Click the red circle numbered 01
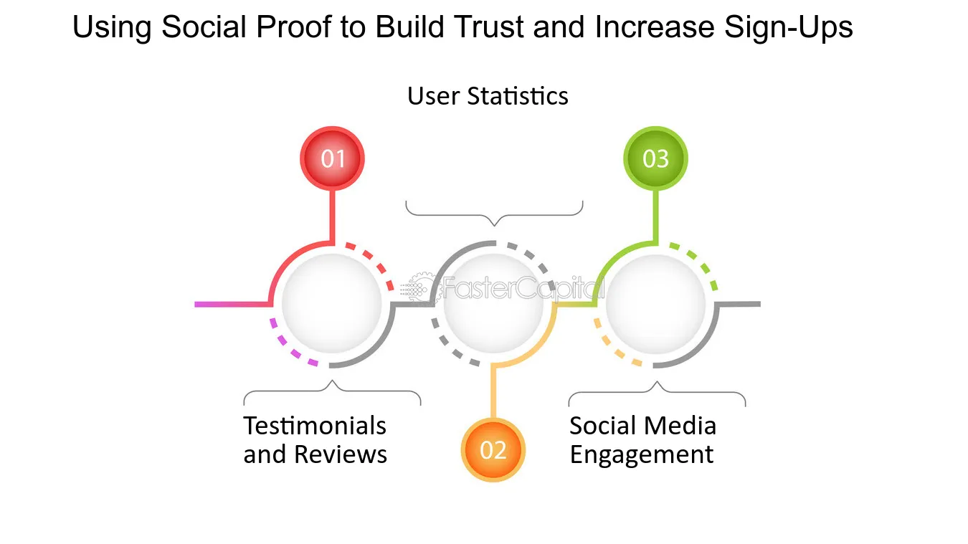click(332, 158)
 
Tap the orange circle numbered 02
click(493, 450)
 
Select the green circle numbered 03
click(655, 158)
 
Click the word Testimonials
click(315, 426)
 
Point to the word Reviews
click(341, 454)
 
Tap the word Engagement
click(641, 455)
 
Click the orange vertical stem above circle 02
click(493, 392)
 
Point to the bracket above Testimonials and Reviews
click(332, 391)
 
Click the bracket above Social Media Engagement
click(657, 391)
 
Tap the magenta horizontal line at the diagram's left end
click(232, 304)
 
